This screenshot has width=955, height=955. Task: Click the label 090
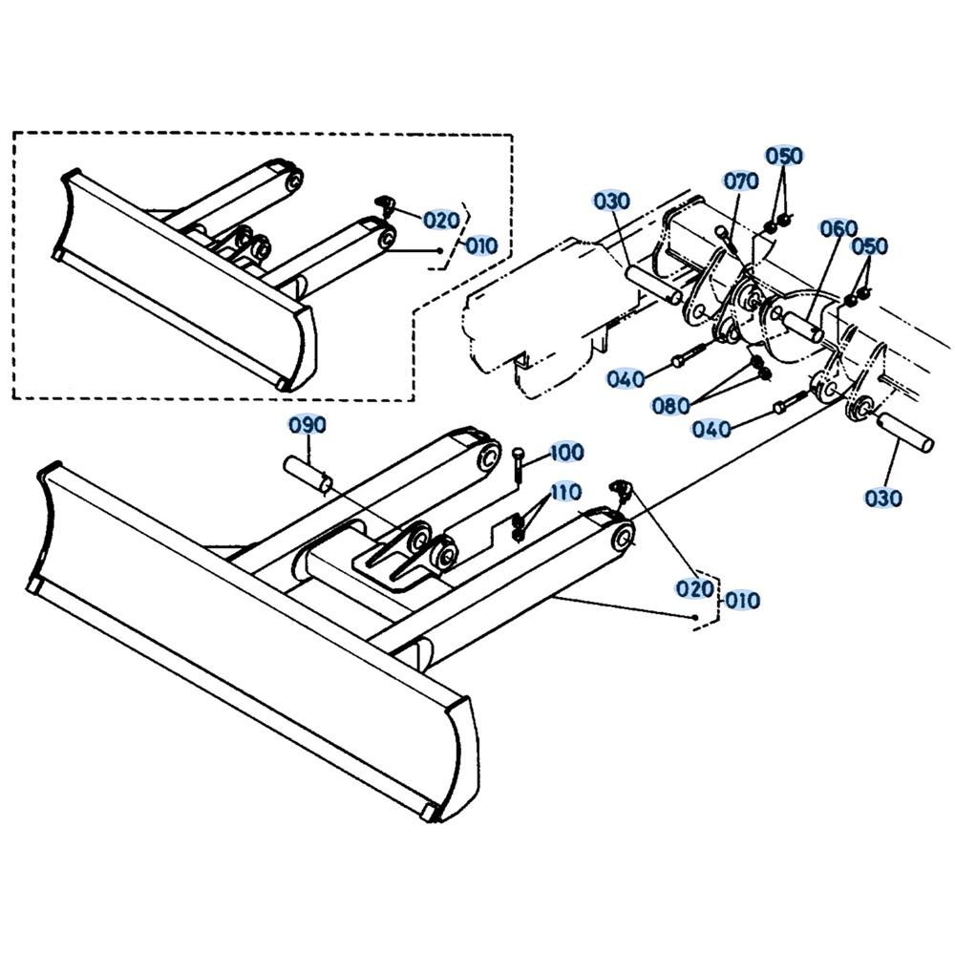[307, 425]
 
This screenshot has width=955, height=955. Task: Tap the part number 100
[566, 453]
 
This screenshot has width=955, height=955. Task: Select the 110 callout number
[565, 492]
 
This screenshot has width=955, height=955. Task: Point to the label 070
[741, 180]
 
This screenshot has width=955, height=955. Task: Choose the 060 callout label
[838, 228]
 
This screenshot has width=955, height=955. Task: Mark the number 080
[670, 405]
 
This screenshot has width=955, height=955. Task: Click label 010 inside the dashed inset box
[481, 246]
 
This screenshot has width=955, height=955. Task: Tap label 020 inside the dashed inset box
[441, 220]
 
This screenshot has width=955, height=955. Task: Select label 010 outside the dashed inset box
[742, 601]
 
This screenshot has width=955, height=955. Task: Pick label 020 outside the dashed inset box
[695, 588]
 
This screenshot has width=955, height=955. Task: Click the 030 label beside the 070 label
[611, 201]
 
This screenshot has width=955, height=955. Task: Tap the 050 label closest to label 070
[784, 156]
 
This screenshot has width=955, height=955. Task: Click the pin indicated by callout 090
[308, 475]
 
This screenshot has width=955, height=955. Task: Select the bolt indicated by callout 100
[518, 465]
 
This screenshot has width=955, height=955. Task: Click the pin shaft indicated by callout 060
[803, 326]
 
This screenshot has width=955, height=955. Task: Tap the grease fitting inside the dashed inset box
[385, 205]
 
